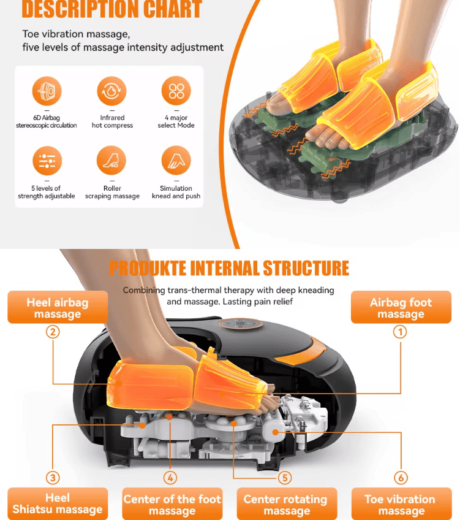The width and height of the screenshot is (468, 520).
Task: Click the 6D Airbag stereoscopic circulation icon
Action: pyautogui.click(x=47, y=91)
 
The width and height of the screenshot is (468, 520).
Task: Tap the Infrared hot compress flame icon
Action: pyautogui.click(x=111, y=91)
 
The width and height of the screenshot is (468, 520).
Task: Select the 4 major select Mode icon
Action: pyautogui.click(x=176, y=91)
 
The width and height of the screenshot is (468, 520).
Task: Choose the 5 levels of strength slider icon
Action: pyautogui.click(x=47, y=161)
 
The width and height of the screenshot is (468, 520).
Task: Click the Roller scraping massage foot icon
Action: pyautogui.click(x=111, y=161)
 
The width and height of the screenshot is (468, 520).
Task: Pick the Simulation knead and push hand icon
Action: pyautogui.click(x=176, y=161)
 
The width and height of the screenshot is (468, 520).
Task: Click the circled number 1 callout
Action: pyautogui.click(x=400, y=332)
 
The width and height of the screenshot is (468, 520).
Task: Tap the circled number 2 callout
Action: pyautogui.click(x=53, y=332)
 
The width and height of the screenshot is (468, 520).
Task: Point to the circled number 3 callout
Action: pyautogui.click(x=53, y=478)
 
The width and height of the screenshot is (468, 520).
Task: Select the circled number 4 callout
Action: pyautogui.click(x=170, y=478)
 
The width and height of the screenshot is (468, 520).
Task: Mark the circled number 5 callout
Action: pyautogui.click(x=285, y=478)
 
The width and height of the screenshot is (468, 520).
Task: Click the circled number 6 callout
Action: pyautogui.click(x=401, y=478)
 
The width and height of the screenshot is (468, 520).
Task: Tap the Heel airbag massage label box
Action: pyautogui.click(x=58, y=307)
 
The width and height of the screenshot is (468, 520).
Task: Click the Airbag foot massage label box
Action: pyautogui.click(x=401, y=307)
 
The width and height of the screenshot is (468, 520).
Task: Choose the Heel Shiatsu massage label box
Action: pyautogui.click(x=58, y=504)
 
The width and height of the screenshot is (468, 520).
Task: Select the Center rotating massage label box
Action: pyautogui.click(x=287, y=504)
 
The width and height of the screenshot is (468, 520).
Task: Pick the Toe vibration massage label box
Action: pyautogui.click(x=401, y=504)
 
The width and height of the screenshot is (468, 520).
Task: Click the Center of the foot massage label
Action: pyautogui.click(x=172, y=504)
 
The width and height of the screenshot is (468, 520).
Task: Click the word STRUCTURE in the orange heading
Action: pyautogui.click(x=306, y=268)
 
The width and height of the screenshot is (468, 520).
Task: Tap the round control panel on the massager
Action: pyautogui.click(x=241, y=323)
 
